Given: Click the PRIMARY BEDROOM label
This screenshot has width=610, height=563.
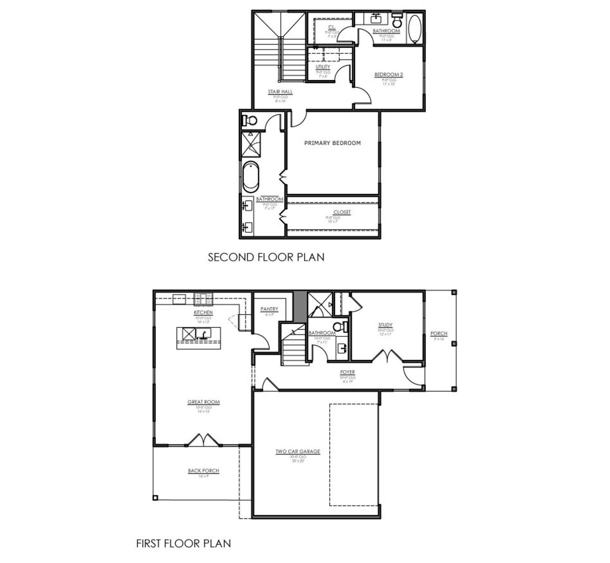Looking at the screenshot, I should [x=332, y=143].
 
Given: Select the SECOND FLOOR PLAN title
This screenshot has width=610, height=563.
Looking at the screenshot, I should [x=266, y=257].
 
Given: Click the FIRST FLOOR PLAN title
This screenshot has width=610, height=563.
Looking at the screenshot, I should [x=183, y=543].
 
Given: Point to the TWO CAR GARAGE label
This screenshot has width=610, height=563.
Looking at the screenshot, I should [x=297, y=451].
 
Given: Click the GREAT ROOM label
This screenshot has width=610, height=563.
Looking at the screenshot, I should [x=203, y=402].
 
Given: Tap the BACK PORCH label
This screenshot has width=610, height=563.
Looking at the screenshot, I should [x=203, y=470].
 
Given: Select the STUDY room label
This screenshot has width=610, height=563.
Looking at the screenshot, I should [x=386, y=325].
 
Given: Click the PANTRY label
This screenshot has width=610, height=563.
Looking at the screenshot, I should [x=269, y=309].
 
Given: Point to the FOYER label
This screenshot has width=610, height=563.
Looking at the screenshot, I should [x=347, y=372].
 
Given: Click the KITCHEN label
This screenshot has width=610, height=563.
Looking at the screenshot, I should [x=203, y=313].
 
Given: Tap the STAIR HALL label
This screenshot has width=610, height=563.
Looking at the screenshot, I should [x=280, y=92].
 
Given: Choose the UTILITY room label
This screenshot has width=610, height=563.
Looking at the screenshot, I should [x=323, y=67].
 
